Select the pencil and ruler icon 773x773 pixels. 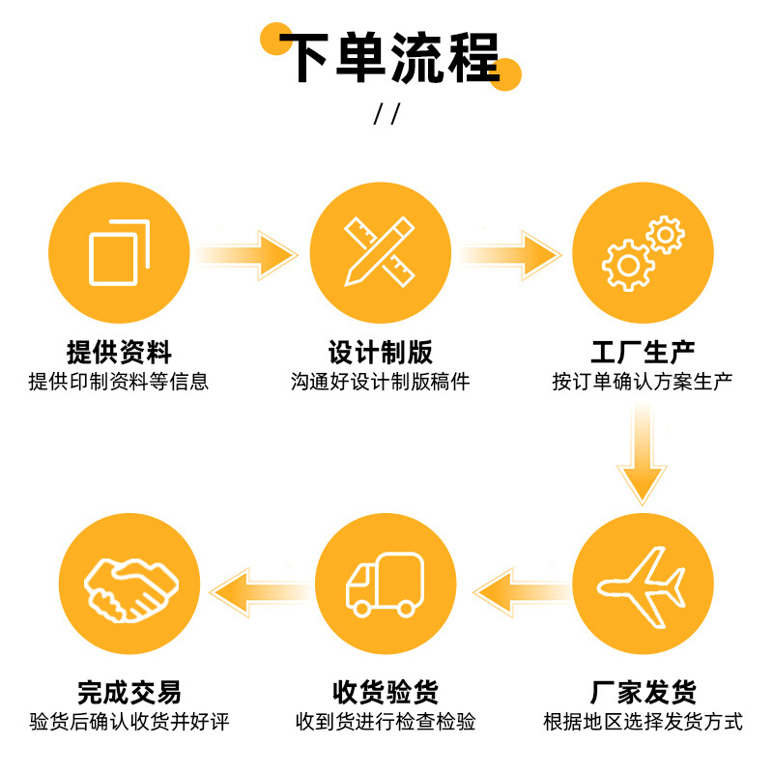point(380,252)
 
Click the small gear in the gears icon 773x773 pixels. point(665,235)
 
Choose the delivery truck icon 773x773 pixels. point(385,584)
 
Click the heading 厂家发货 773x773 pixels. point(643,692)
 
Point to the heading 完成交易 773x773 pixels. point(129,692)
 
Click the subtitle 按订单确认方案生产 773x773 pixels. point(643,381)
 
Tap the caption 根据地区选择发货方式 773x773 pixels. point(643,722)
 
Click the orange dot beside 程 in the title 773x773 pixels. point(505,73)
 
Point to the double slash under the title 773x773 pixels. point(386,114)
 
